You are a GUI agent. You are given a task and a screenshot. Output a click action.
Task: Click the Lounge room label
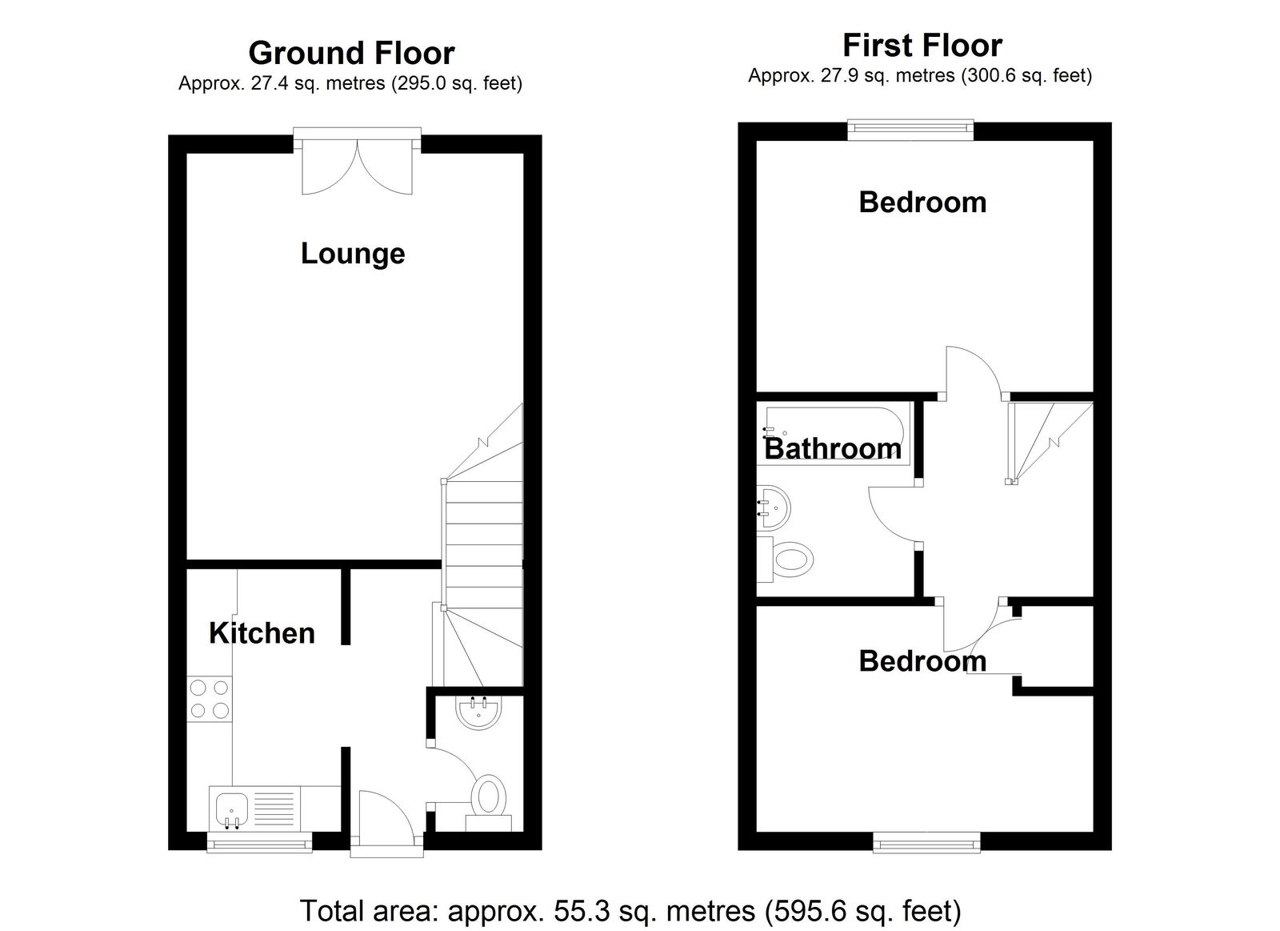[x=353, y=253]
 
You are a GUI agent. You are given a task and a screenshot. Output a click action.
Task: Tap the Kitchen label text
[x=262, y=633]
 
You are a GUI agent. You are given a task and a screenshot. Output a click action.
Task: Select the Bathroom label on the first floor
[x=833, y=448]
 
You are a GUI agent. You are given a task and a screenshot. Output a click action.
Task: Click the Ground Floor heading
[x=351, y=53]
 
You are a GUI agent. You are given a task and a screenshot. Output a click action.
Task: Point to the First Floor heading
[x=922, y=46]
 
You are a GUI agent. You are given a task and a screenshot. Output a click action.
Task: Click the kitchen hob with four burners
[x=209, y=699]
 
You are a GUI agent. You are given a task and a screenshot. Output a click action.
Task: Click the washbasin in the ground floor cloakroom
[x=479, y=712]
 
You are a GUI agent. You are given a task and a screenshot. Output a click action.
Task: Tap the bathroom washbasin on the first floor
[x=774, y=508]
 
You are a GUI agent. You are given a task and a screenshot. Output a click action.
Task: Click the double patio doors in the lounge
[x=357, y=162]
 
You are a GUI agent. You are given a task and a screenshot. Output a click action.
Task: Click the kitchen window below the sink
[x=259, y=842]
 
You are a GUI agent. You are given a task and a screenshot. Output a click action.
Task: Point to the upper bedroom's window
[x=910, y=129]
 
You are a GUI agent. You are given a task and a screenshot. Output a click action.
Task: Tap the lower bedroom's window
[x=927, y=842]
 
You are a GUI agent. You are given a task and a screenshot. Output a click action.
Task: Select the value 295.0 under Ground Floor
[x=422, y=83]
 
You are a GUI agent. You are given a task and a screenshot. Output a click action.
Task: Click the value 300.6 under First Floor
[x=992, y=75]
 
